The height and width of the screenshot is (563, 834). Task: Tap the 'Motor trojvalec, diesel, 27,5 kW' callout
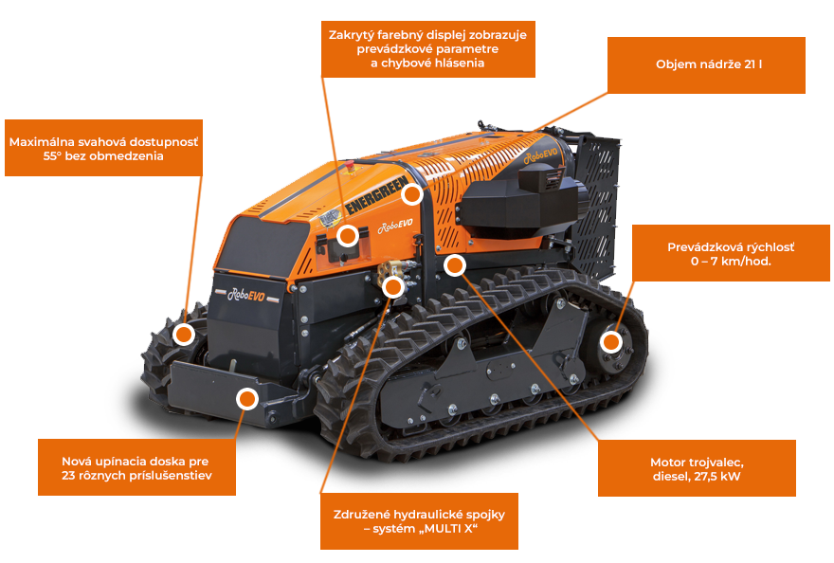pyautogui.click(x=697, y=468)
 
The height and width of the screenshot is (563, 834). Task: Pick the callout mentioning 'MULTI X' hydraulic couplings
pyautogui.click(x=418, y=520)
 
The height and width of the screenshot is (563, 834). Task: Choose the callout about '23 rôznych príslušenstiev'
pyautogui.click(x=136, y=467)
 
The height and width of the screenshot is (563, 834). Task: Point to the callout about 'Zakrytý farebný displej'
pyautogui.click(x=428, y=47)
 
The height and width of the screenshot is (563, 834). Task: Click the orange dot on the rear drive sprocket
pyautogui.click(x=611, y=341)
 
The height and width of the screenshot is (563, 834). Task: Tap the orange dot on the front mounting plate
pyautogui.click(x=247, y=398)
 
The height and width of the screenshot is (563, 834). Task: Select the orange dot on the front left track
pyautogui.click(x=185, y=334)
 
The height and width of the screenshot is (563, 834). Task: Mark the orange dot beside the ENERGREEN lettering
pyautogui.click(x=411, y=194)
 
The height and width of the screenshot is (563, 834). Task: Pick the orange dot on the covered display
pyautogui.click(x=349, y=235)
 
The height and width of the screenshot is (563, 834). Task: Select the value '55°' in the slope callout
pyautogui.click(x=57, y=156)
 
